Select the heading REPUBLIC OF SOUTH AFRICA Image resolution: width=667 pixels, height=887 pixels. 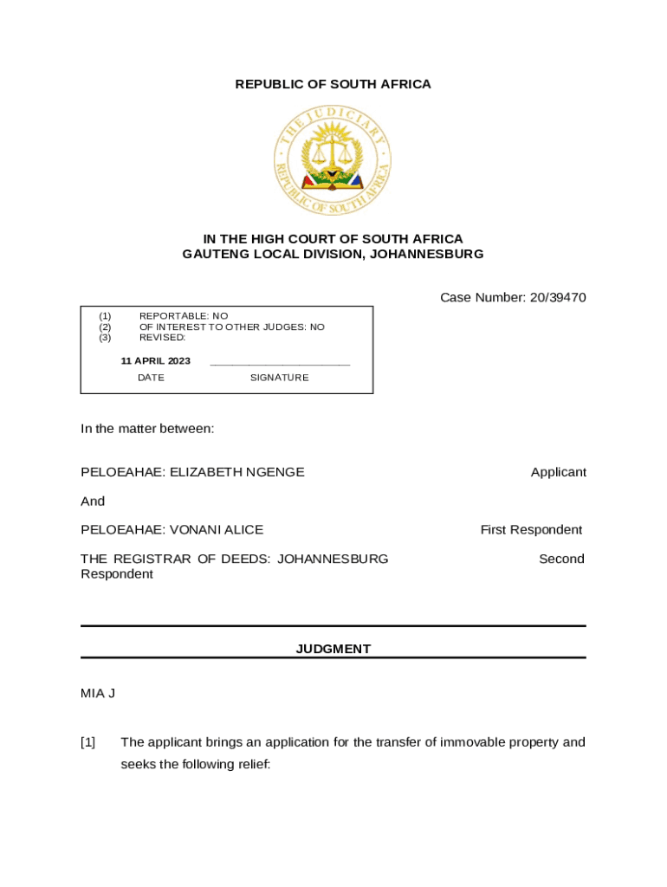pyautogui.click(x=333, y=84)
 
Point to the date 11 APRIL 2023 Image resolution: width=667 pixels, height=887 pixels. pyautogui.click(x=156, y=361)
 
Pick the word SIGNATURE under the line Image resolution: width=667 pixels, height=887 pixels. pyautogui.click(x=279, y=378)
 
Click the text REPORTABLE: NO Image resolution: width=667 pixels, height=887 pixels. pyautogui.click(x=184, y=316)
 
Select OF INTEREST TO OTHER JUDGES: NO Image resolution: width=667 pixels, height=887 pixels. pyautogui.click(x=232, y=327)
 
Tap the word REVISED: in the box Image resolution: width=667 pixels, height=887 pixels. pyautogui.click(x=163, y=337)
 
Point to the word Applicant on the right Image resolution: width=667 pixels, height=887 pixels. pyautogui.click(x=558, y=472)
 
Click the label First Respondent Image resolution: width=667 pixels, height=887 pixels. pyautogui.click(x=531, y=529)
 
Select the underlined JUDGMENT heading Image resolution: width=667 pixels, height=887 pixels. pyautogui.click(x=333, y=649)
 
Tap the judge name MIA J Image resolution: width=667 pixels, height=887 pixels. pyautogui.click(x=98, y=693)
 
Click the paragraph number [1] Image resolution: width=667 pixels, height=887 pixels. pyautogui.click(x=88, y=742)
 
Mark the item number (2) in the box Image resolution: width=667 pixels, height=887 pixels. pyautogui.click(x=105, y=327)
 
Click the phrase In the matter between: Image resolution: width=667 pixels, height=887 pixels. pyautogui.click(x=147, y=429)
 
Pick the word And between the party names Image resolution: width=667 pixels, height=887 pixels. pyautogui.click(x=93, y=501)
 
